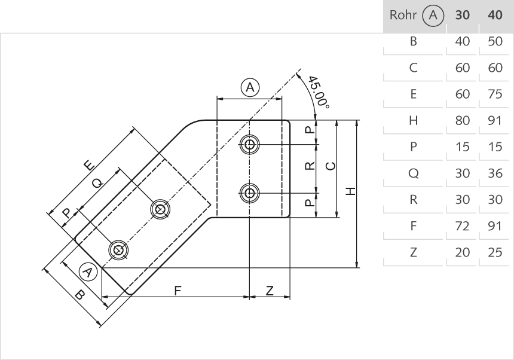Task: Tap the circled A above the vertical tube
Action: coord(250,88)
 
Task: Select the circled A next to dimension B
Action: coord(88,272)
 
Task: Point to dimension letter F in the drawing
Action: coord(178,290)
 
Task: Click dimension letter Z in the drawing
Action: coord(270,290)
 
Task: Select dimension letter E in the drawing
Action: coord(89,166)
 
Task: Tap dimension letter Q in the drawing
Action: coord(96,184)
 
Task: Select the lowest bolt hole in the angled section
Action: coord(118,249)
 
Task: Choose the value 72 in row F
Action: coord(463,226)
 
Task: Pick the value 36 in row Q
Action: coord(495,173)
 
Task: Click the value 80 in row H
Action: coord(463,121)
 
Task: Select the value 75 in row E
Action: coord(495,94)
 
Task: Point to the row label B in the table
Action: coord(413,42)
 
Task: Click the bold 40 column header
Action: coord(495,16)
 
